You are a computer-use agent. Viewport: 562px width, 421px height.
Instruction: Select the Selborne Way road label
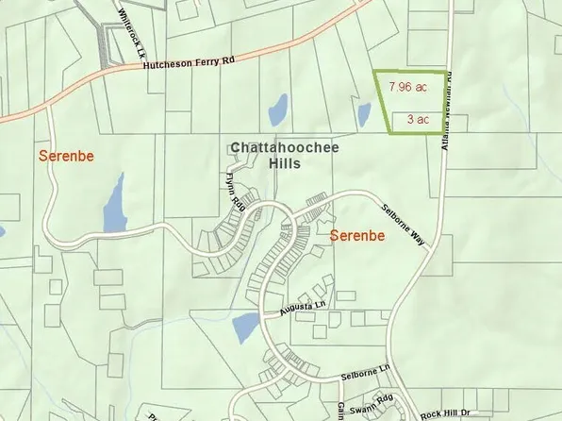point(403,226)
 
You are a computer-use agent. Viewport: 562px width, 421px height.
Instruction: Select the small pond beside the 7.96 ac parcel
point(364,115)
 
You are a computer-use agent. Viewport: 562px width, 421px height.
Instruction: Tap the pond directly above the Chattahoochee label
point(278,110)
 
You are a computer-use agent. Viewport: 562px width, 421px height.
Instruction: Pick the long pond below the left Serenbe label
point(115,203)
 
